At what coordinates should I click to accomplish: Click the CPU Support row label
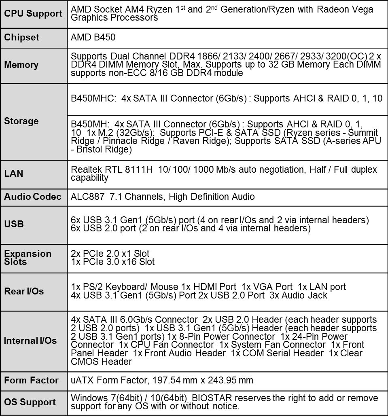pyautogui.click(x=33, y=14)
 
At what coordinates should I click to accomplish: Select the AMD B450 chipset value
pyautogui.click(x=93, y=38)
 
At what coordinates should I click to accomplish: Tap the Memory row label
pyautogui.click(x=21, y=65)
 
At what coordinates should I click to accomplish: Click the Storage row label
pyautogui.click(x=21, y=121)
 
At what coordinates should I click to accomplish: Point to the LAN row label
pyautogui.click(x=14, y=174)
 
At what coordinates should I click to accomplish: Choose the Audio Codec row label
pyautogui.click(x=33, y=197)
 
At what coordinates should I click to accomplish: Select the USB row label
pyautogui.click(x=14, y=224)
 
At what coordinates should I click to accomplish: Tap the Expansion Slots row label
pyautogui.click(x=28, y=258)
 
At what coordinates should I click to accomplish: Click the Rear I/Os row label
pyautogui.click(x=24, y=292)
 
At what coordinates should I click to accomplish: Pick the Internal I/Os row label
pyautogui.click(x=30, y=341)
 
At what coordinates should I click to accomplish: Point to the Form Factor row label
pyautogui.click(x=31, y=381)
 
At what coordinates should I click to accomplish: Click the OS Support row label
pyautogui.click(x=30, y=402)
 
